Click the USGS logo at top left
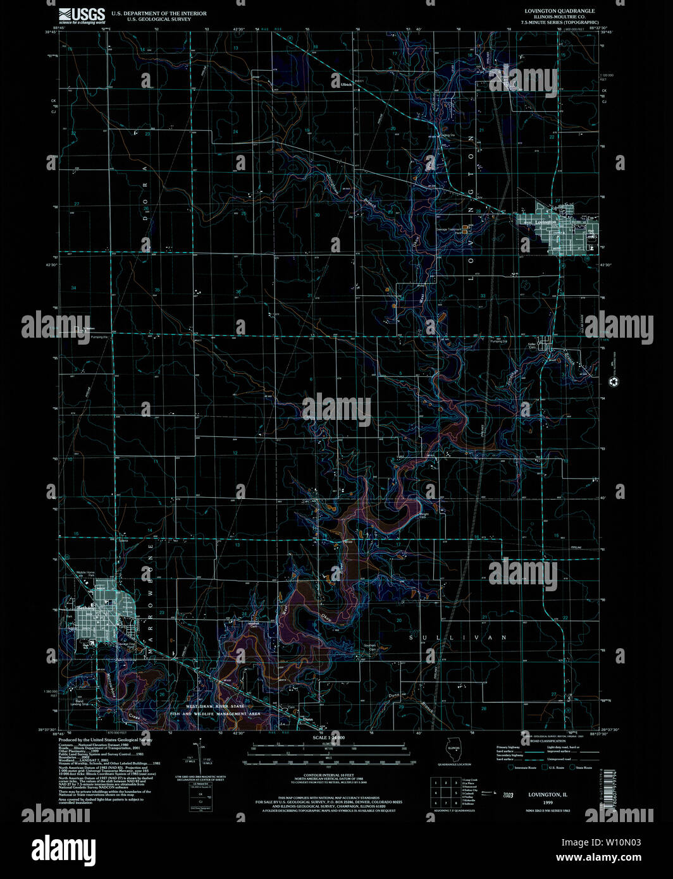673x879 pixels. pos(82,16)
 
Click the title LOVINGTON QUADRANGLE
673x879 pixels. pos(550,11)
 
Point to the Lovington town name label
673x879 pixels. pos(545,223)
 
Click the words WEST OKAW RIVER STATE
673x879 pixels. pos(214,705)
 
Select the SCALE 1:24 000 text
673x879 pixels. pos(328,738)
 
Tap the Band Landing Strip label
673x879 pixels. pos(79,703)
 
